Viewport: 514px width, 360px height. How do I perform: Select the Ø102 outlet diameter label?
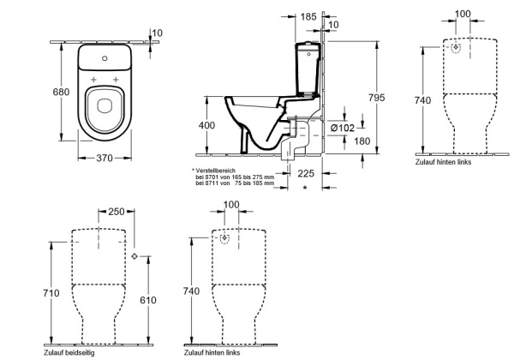343,128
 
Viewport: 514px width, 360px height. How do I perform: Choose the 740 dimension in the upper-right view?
422,100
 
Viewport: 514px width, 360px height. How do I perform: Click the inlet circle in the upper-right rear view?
456,48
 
